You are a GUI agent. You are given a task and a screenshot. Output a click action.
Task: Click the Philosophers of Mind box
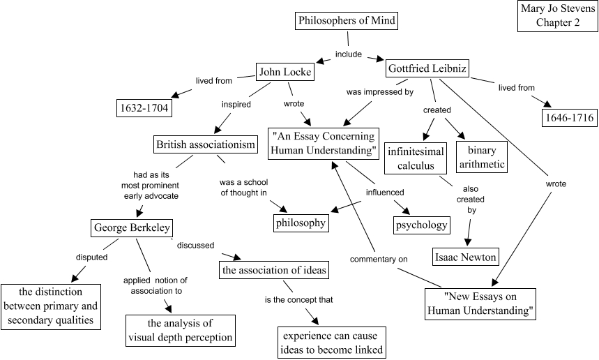point(347,21)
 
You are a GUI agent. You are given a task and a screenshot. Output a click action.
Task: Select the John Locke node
point(284,72)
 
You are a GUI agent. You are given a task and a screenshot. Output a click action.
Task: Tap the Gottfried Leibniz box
point(426,68)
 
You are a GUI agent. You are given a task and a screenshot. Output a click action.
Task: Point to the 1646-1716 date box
point(569,118)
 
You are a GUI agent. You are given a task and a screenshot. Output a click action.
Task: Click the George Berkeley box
point(131,227)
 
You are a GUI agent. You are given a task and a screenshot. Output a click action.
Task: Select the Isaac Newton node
point(465,257)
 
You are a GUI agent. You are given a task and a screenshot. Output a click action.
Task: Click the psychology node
point(421,225)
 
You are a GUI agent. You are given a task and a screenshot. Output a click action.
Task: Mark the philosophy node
point(300,223)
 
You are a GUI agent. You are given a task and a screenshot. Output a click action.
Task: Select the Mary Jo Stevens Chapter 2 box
point(557,16)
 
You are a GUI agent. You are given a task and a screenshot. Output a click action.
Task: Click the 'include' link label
point(349,54)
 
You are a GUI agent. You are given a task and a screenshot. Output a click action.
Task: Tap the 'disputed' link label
point(91,257)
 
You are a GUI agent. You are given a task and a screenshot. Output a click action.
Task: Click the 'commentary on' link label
point(379,259)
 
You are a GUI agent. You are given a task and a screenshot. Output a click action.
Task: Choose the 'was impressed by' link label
point(375,91)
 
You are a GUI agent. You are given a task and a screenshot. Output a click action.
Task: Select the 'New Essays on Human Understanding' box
point(480,303)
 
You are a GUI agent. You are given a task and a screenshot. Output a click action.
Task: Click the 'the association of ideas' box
point(274,269)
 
